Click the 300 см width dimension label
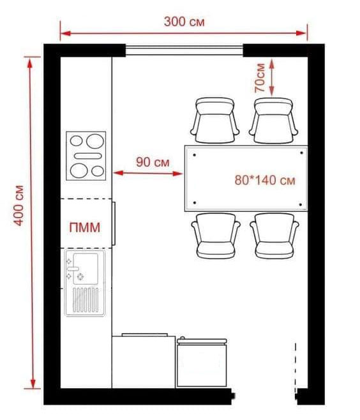[x=184, y=22]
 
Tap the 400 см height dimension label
[x=19, y=206]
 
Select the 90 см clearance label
[x=153, y=162]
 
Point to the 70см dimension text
[x=260, y=78]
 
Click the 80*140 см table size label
[x=265, y=180]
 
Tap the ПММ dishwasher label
[x=85, y=227]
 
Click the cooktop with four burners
[x=86, y=156]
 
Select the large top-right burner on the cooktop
[x=95, y=141]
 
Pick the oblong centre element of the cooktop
[x=88, y=156]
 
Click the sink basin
[x=86, y=269]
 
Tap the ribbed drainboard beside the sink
[x=86, y=300]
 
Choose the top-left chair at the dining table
[x=214, y=120]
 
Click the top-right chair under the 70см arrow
[x=273, y=120]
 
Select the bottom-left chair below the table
[x=216, y=236]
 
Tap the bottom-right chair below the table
[x=274, y=236]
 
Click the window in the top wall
[x=184, y=50]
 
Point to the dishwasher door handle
[x=114, y=223]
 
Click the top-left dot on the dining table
[x=195, y=155]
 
